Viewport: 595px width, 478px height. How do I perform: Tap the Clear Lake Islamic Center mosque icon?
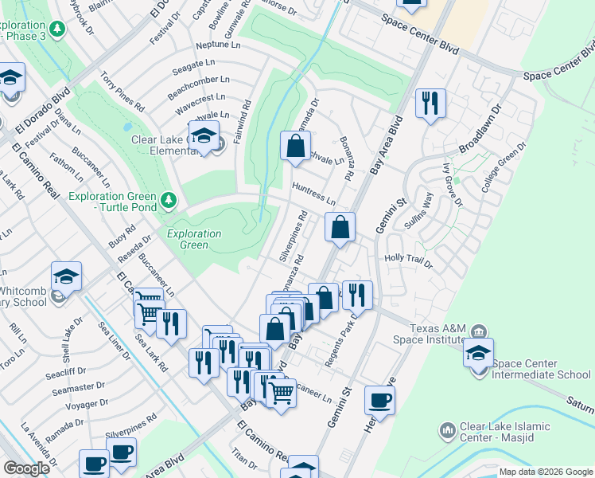(x=446, y=431)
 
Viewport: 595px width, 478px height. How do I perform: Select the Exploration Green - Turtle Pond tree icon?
(x=167, y=200)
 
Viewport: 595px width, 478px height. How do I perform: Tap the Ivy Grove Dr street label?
(x=453, y=184)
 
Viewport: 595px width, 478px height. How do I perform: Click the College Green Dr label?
(x=504, y=167)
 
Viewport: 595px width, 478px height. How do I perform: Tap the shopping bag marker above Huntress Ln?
(x=295, y=147)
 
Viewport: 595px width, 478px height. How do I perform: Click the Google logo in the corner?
(x=26, y=468)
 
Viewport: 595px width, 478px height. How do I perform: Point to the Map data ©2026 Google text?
(x=545, y=472)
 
